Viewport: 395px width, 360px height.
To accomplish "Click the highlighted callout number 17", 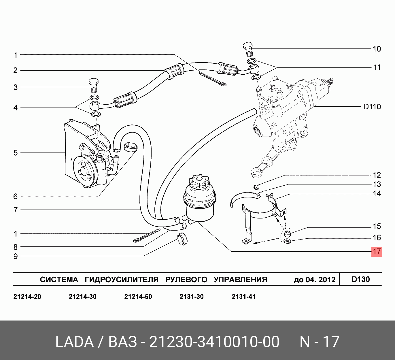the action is click(377, 252).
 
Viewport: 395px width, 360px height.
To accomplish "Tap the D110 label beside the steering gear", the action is click(372, 107).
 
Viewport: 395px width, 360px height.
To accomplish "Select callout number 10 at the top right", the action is click(377, 49).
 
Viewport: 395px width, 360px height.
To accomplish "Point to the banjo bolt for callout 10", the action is click(248, 49).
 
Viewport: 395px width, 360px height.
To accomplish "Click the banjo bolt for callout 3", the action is click(94, 85).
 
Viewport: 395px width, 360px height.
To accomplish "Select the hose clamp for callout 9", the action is click(182, 239).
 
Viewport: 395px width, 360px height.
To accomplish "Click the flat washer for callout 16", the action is click(288, 241).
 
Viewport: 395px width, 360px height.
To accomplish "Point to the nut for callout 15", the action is click(288, 234).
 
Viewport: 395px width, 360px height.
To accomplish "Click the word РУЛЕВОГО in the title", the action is click(186, 279).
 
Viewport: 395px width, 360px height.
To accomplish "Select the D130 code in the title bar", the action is click(360, 279).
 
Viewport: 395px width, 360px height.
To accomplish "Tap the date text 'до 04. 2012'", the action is click(314, 280).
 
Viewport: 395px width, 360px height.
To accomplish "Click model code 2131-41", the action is click(243, 297).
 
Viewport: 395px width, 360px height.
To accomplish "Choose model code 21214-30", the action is click(82, 297).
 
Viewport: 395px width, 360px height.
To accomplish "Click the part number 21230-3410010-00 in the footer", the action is click(214, 342).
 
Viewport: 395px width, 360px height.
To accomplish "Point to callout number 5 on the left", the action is click(16, 153).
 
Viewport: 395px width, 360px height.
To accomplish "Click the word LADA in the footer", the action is click(75, 342).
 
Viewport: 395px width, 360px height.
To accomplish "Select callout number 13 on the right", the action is click(377, 184).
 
